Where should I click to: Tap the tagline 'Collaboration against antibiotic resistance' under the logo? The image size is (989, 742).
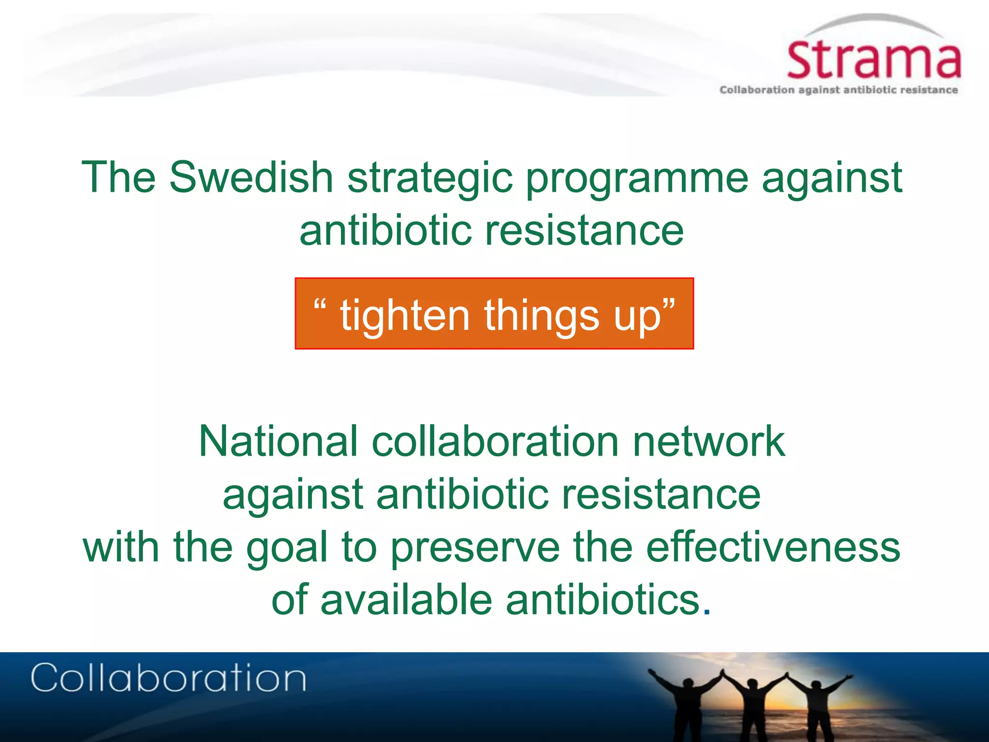pyautogui.click(x=838, y=90)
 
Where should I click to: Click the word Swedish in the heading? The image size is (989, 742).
pyautogui.click(x=251, y=177)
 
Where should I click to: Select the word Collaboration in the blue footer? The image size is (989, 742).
pyautogui.click(x=168, y=678)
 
